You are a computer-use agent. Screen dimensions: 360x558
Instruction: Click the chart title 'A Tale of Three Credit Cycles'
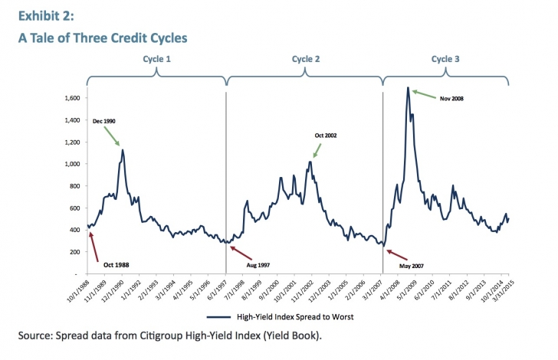click(103, 38)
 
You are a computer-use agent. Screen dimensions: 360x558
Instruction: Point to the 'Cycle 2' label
click(306, 59)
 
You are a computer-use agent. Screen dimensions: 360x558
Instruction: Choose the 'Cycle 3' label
click(445, 59)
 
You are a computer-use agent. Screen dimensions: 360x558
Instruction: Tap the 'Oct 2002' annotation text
click(326, 136)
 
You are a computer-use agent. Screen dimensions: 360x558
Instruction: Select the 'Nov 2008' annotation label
click(452, 98)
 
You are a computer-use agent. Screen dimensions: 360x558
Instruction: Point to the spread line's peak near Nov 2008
click(408, 88)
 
